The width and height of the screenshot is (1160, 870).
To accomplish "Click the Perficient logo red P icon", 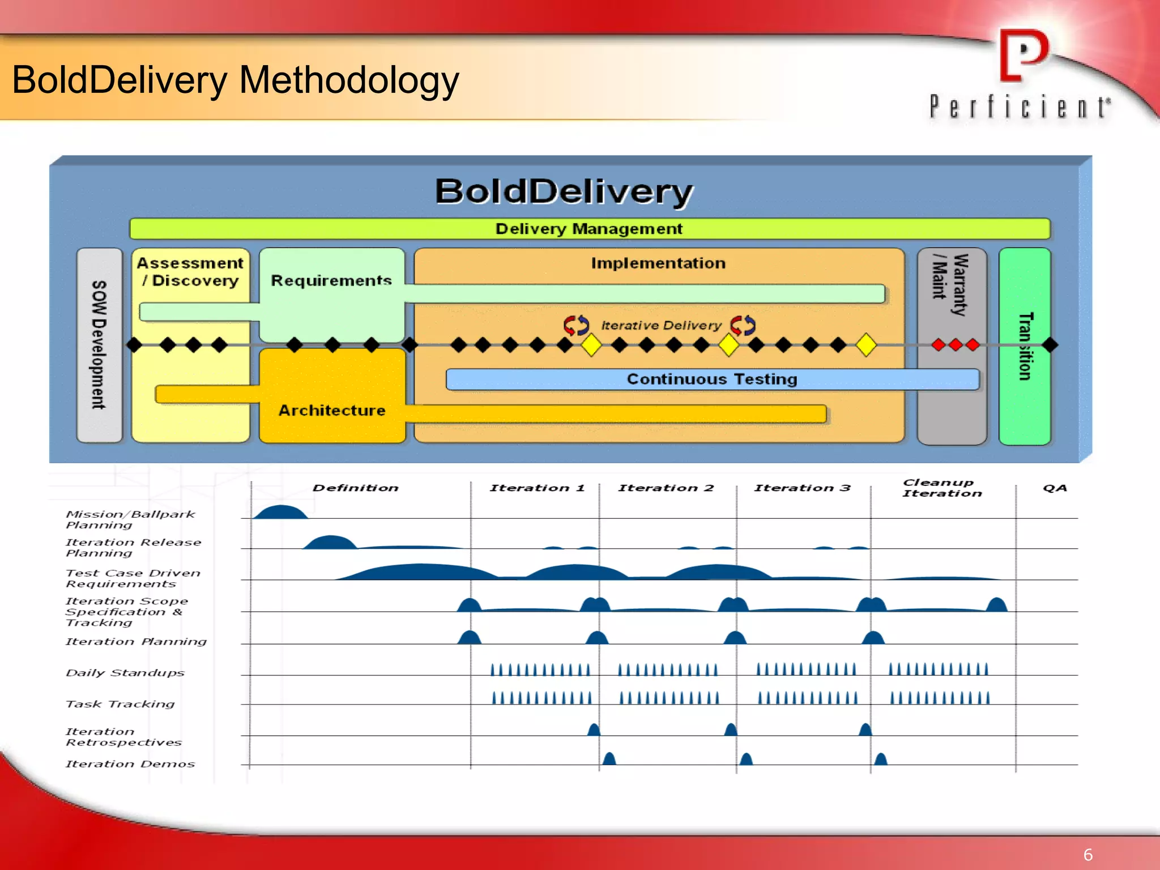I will (1023, 56).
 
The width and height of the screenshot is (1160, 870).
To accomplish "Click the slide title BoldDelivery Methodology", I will (235, 80).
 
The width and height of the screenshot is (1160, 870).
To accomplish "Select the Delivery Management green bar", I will (589, 229).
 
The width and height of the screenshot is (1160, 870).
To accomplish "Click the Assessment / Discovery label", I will (190, 272).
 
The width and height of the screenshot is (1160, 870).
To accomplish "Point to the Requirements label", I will (331, 280).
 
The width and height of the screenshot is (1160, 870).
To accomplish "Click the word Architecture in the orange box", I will (332, 410).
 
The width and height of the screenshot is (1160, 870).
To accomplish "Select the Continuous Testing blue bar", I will (712, 379).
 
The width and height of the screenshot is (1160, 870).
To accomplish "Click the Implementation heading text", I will (658, 263).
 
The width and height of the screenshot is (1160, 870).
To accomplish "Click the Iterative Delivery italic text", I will (661, 325).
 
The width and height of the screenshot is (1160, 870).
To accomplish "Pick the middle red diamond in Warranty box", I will (956, 344).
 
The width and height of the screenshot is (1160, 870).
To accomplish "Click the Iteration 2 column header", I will (666, 488).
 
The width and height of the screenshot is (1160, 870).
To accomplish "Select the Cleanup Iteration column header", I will (941, 488).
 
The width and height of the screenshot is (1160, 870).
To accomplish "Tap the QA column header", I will (1055, 488).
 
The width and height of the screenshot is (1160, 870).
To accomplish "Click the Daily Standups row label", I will (125, 673).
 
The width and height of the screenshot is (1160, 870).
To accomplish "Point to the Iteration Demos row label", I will (130, 764).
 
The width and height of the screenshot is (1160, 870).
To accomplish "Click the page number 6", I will (1087, 855).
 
